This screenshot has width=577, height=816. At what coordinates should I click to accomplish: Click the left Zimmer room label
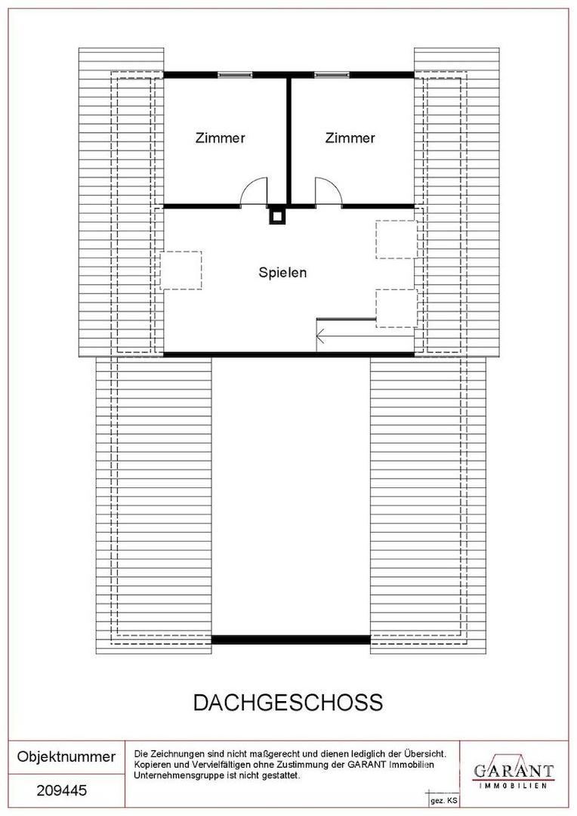click(220, 138)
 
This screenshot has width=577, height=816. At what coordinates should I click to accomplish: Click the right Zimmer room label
click(350, 138)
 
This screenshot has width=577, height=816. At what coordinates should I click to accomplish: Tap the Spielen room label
click(282, 273)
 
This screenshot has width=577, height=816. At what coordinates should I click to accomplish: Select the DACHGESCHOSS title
click(288, 703)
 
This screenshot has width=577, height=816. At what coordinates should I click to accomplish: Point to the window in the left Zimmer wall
click(235, 75)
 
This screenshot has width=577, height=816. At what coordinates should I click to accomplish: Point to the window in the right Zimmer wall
click(332, 75)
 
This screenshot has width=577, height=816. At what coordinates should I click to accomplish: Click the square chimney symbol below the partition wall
click(278, 216)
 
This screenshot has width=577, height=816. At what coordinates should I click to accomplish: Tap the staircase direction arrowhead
click(320, 336)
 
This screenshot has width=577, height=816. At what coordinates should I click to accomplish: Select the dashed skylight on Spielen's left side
click(181, 270)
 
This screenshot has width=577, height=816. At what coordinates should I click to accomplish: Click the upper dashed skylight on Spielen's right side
click(396, 240)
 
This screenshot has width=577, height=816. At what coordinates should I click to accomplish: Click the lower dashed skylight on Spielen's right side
click(396, 308)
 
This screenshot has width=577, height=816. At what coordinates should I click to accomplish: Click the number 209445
click(62, 791)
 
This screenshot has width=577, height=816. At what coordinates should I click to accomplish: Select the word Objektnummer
click(66, 756)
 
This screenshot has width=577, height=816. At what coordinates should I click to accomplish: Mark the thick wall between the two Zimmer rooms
click(288, 141)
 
